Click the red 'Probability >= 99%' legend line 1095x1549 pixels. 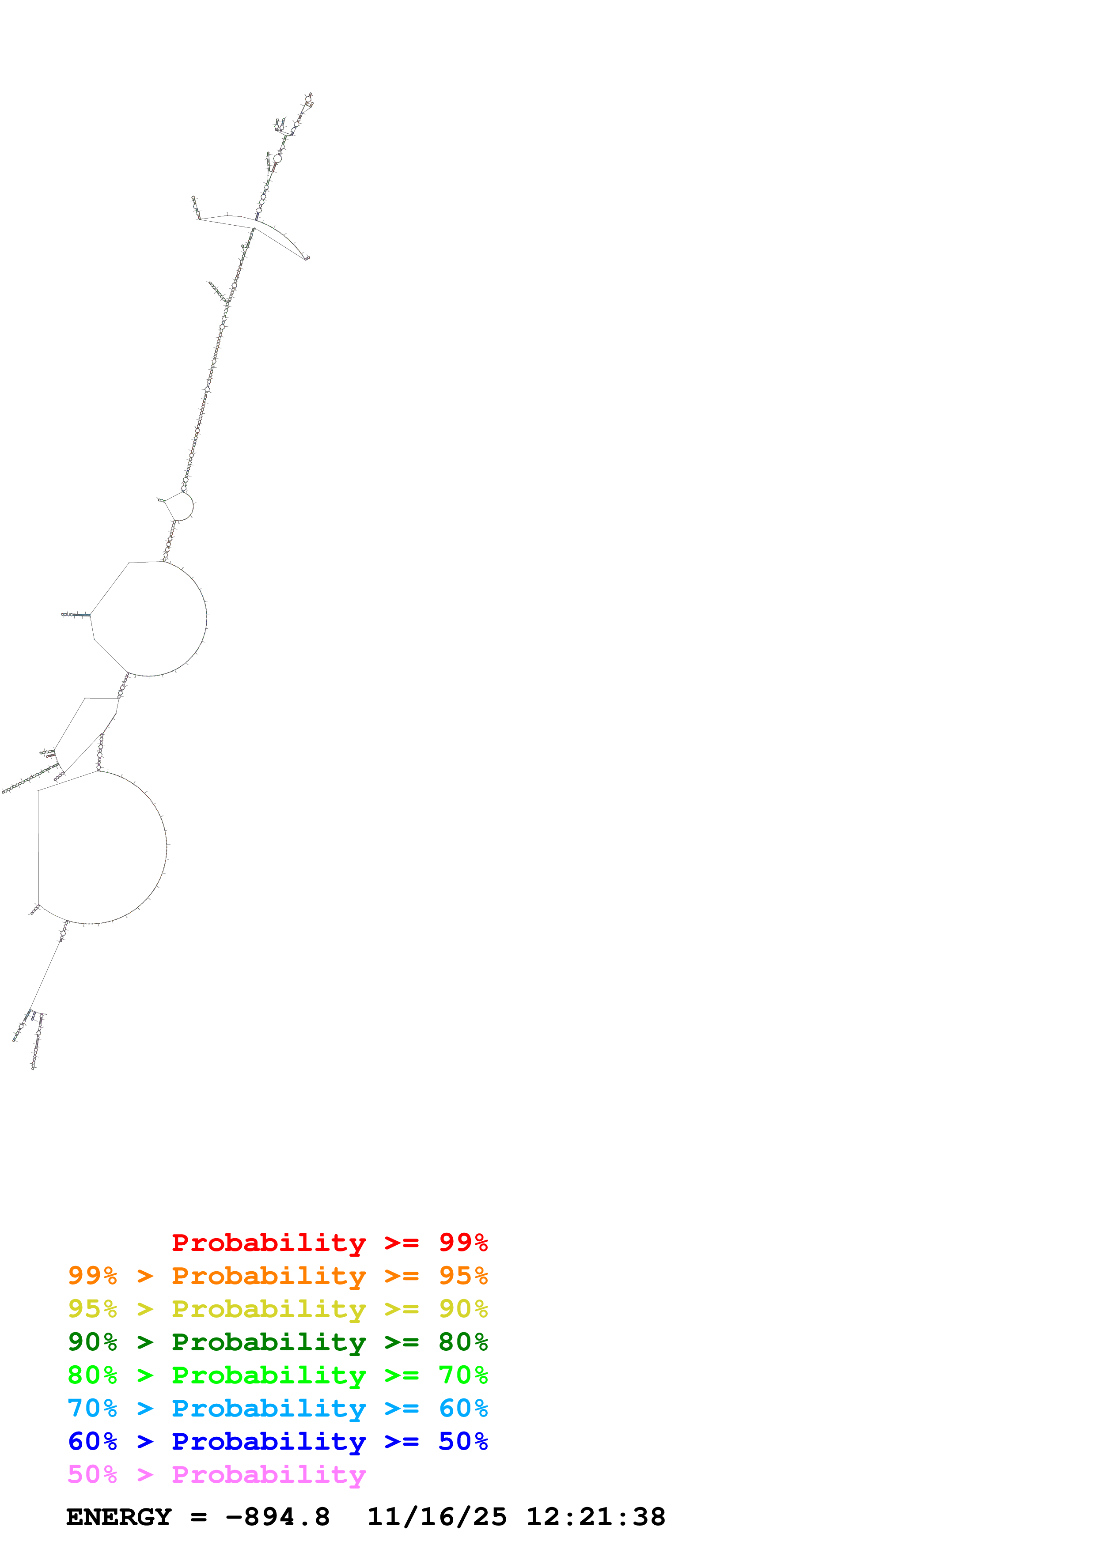[x=329, y=1242]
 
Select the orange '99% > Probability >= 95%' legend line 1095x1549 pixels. [x=277, y=1276]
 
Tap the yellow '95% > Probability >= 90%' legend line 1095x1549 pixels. [x=277, y=1309]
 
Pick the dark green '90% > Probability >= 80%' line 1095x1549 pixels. [x=277, y=1342]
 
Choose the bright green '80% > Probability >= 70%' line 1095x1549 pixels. [x=277, y=1375]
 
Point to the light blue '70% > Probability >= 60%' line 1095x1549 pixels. [x=277, y=1408]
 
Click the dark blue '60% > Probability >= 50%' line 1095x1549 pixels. [x=277, y=1441]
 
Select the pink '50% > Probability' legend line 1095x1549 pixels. [x=216, y=1474]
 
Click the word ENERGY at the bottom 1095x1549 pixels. [x=119, y=1517]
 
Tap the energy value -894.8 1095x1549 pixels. [x=277, y=1517]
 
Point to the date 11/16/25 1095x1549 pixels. [x=436, y=1517]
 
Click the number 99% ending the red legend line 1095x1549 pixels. [x=463, y=1242]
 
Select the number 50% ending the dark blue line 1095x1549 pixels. [x=463, y=1441]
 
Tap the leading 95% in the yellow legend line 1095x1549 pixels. [x=92, y=1309]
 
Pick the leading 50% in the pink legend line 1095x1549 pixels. [x=92, y=1474]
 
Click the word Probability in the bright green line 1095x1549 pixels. [x=269, y=1375]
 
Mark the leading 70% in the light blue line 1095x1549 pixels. [x=92, y=1408]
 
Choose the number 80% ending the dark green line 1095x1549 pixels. [x=463, y=1342]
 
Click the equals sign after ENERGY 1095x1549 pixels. [x=198, y=1517]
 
